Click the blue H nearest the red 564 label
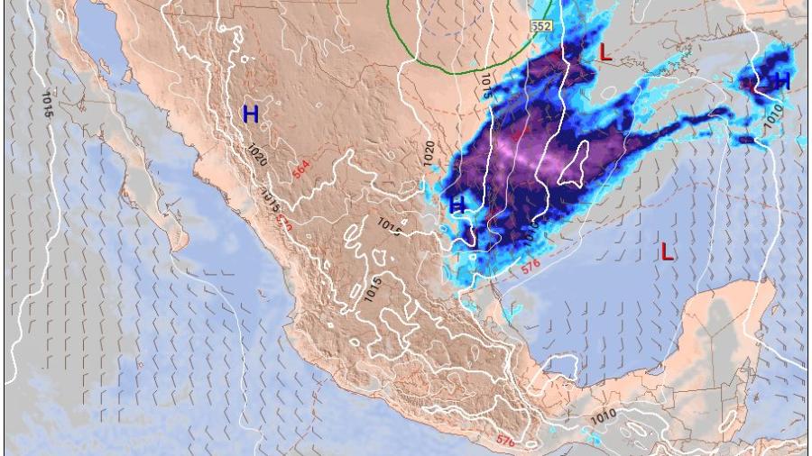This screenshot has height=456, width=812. pos(251,114)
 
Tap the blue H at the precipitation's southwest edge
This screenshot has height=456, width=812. pos(457,205)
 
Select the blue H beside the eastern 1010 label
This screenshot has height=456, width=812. pos(781,82)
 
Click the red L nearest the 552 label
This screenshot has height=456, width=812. pos(605,53)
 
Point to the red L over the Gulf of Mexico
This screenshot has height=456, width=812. pos(666,251)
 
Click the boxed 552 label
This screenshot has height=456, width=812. pos(540,26)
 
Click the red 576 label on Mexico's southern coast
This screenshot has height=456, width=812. pos(505,441)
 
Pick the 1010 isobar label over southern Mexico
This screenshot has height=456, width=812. pos(604,417)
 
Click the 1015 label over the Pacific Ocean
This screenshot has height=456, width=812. pos(46,104)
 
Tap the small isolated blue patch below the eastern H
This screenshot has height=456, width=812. pos(745,141)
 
